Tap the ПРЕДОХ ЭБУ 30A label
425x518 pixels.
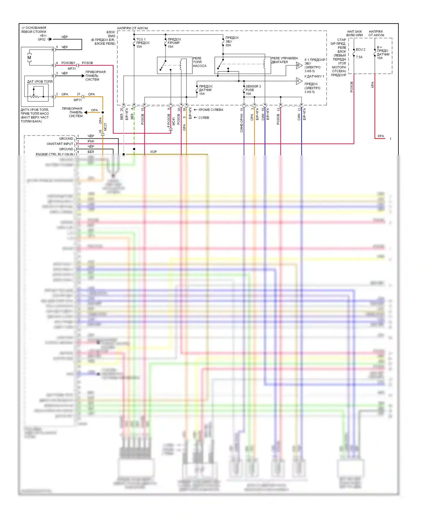pyautogui.click(x=232, y=41)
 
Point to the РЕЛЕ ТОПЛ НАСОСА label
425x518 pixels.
pyautogui.click(x=199, y=62)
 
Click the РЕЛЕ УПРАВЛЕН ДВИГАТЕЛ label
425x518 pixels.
pyautogui.click(x=284, y=60)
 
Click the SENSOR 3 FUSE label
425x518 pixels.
pyautogui.click(x=253, y=90)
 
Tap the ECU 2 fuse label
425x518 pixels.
pyautogui.click(x=360, y=50)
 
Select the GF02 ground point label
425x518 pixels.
pyautogui.click(x=42, y=39)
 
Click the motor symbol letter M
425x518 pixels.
pyautogui.click(x=29, y=58)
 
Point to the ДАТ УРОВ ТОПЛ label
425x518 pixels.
pyautogui.click(x=40, y=82)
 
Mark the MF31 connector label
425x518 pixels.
pyautogui.click(x=72, y=69)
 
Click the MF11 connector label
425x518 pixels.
pyautogui.click(x=78, y=100)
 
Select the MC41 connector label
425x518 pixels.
pyautogui.click(x=174, y=121)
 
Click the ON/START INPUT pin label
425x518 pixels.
pyautogui.click(x=60, y=144)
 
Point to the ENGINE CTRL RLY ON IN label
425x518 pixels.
pyautogui.click(x=54, y=154)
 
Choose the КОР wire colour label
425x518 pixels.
pyautogui.click(x=154, y=152)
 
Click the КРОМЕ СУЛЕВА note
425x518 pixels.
pyautogui.click(x=211, y=110)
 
